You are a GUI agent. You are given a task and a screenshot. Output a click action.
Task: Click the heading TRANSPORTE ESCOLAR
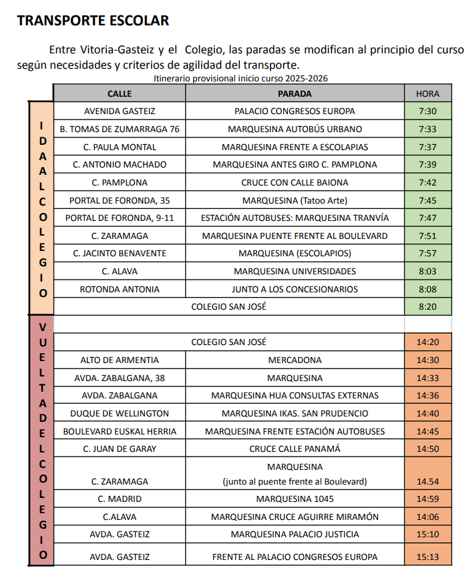[93, 21]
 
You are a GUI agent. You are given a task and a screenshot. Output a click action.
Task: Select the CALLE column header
[120, 93]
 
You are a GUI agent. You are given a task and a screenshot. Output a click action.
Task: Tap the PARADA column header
[295, 93]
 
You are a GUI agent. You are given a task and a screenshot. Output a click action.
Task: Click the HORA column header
[428, 93]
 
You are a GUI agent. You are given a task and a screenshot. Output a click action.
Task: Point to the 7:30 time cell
[428, 111]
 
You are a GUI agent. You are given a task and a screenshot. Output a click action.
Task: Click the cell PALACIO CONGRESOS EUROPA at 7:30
[295, 111]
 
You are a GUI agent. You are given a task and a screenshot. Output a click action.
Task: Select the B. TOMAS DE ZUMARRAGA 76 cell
[120, 129]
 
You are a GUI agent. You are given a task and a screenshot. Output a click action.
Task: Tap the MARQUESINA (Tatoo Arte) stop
[295, 200]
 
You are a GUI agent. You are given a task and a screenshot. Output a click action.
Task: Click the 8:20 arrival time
[428, 306]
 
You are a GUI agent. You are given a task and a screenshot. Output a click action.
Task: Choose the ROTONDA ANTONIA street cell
[120, 289]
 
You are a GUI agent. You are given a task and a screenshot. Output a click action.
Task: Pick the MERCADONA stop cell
[295, 360]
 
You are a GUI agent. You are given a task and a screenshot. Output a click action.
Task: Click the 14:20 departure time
[428, 342]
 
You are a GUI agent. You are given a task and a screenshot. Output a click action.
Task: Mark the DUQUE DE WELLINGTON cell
[120, 413]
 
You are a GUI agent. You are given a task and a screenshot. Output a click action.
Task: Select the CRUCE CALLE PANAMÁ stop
[295, 449]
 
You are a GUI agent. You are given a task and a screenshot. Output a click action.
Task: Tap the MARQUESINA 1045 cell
[295, 499]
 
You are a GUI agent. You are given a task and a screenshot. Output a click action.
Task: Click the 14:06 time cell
[428, 517]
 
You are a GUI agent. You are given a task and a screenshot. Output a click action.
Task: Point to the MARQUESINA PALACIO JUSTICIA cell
[295, 534]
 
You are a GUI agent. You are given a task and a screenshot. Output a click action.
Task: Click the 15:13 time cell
[428, 557]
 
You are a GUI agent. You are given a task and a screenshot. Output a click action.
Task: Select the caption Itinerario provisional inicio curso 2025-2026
[241, 78]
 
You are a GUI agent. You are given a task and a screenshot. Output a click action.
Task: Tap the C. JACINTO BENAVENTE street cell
[120, 254]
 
